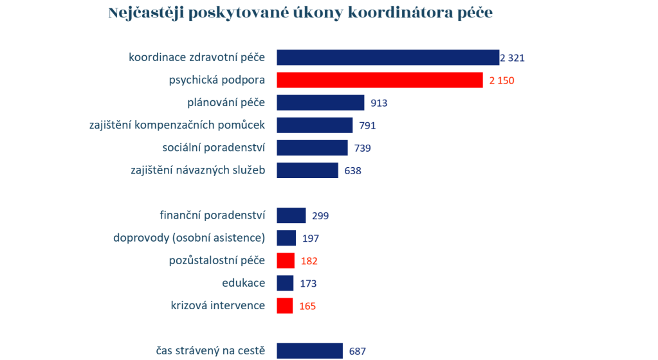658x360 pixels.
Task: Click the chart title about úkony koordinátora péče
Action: click(300, 13)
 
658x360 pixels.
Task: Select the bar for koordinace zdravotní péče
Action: click(388, 57)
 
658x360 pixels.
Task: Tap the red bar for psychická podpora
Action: click(379, 80)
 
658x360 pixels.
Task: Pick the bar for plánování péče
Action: click(320, 103)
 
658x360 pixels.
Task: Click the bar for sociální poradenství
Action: click(312, 148)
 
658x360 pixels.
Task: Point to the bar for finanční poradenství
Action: click(291, 215)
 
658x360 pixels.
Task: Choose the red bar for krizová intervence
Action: click(285, 305)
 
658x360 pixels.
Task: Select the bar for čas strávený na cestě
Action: click(309, 350)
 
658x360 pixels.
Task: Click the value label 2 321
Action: click(513, 58)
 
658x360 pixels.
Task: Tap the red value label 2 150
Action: click(502, 80)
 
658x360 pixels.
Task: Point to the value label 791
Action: click(367, 125)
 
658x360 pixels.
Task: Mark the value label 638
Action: click(353, 171)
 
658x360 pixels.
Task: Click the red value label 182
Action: click(309, 261)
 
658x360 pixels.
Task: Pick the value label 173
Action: click(308, 283)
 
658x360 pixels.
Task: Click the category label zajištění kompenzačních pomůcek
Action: click(177, 125)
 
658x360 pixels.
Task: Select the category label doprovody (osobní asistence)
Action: click(189, 238)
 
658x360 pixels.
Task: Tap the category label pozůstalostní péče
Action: click(217, 260)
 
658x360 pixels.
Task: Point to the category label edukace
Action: click(243, 283)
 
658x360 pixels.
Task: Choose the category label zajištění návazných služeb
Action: click(197, 170)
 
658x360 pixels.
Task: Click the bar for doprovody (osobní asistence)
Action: click(286, 238)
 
